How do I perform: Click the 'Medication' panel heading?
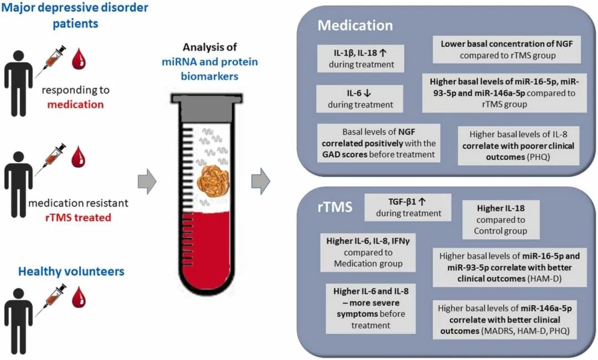[x=355, y=25]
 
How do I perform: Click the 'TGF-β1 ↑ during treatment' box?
[x=408, y=206]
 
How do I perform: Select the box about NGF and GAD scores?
[x=379, y=142]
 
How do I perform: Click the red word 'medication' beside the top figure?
[x=75, y=104]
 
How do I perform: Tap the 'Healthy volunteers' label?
[x=71, y=271]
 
